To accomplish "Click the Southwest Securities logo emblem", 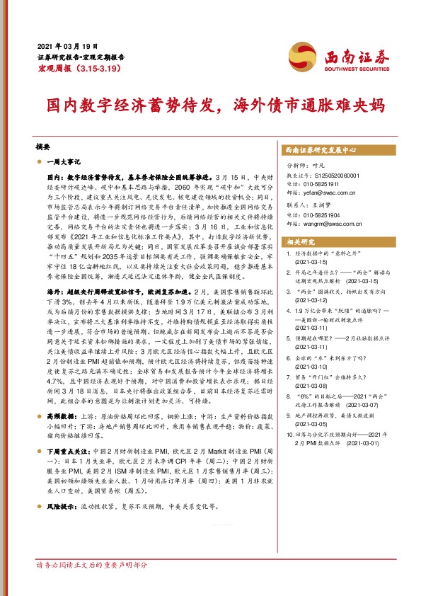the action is (x=301, y=56).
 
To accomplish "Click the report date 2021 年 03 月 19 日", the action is (x=64, y=44).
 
